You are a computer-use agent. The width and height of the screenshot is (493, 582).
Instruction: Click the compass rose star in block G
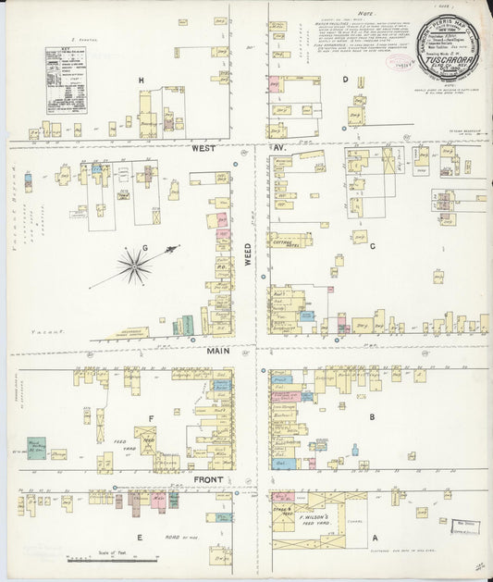[x=135, y=268]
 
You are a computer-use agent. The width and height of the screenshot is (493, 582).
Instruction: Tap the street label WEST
[x=203, y=148]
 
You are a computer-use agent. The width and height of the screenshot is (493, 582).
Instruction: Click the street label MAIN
[x=217, y=351]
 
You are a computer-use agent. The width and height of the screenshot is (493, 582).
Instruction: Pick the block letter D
[x=345, y=80]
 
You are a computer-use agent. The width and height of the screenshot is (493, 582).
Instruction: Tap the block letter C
[x=372, y=246]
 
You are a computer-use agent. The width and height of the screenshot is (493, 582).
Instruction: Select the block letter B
[x=372, y=417]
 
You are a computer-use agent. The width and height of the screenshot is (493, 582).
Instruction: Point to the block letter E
[x=141, y=536]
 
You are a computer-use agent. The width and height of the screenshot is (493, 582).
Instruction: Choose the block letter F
[x=148, y=417]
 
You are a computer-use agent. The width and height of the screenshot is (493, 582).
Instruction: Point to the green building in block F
[x=37, y=449]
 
